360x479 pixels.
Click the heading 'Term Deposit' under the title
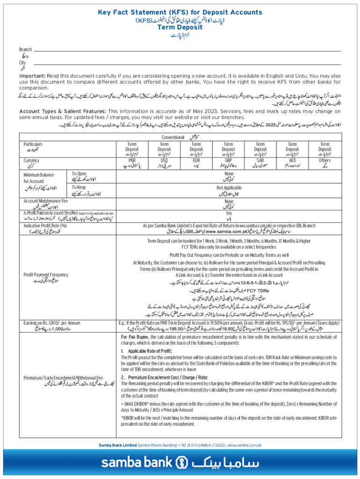180,27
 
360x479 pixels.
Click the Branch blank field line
187,50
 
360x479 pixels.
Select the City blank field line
187,63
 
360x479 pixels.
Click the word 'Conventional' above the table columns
173,138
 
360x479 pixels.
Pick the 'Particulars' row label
33,144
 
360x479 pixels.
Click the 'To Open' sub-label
79,173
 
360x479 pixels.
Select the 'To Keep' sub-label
79,187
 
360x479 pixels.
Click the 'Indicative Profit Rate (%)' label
44,225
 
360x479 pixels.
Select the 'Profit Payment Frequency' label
46,275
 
